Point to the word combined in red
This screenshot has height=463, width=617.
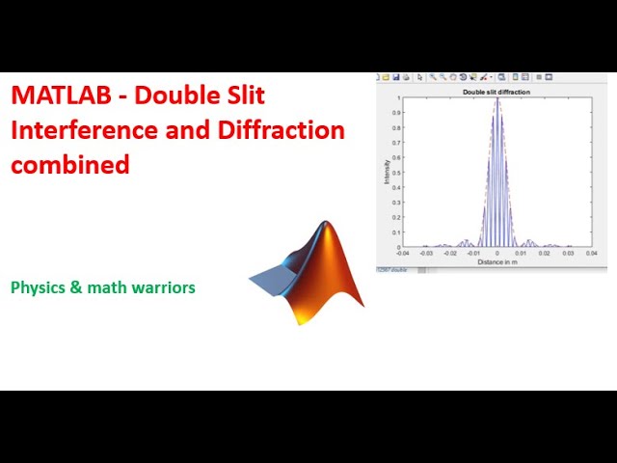69,164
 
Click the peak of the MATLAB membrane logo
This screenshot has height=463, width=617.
326,226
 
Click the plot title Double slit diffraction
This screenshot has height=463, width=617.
497,92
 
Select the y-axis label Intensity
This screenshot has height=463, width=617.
388,172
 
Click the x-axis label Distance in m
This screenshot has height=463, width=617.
497,261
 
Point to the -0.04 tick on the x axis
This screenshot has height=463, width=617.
403,255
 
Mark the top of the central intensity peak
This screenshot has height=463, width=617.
497,99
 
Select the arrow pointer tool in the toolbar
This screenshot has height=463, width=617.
422,77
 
